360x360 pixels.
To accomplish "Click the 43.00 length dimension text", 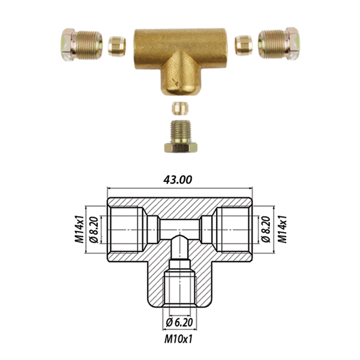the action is (x=178, y=180).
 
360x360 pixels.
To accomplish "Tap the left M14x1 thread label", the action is (x=79, y=229).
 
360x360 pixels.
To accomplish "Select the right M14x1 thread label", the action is (x=282, y=229).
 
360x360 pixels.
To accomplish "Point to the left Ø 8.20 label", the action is (x=94, y=230).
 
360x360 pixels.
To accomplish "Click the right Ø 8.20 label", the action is (x=266, y=230).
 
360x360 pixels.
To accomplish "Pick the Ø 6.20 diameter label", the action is (x=179, y=323).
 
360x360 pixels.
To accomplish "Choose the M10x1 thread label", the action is (x=178, y=339).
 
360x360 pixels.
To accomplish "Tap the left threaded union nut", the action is (x=82, y=44).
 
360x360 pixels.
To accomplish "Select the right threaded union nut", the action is (x=279, y=44).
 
